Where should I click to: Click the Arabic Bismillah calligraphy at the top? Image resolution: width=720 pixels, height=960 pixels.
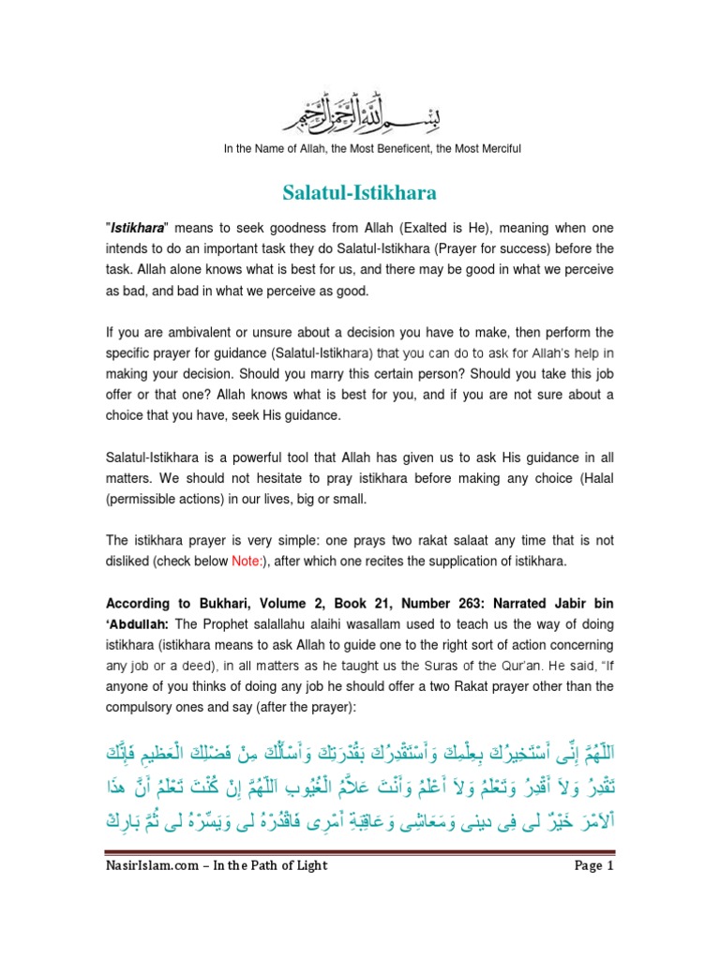(359, 117)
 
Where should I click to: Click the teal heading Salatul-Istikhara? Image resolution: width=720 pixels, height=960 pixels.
(359, 193)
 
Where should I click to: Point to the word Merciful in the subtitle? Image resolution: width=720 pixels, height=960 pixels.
(495, 149)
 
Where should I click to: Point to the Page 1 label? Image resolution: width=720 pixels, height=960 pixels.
(593, 919)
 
